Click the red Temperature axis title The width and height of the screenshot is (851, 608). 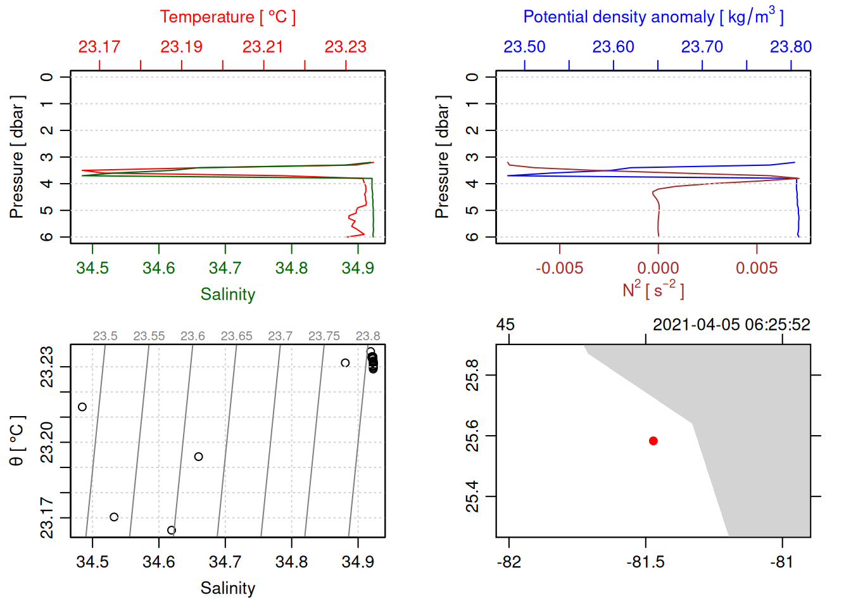point(227,17)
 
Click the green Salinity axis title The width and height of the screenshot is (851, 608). point(227,294)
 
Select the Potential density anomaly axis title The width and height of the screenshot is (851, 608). point(653,16)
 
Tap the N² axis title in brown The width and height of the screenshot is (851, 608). point(653,289)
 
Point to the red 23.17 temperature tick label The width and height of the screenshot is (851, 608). point(99,47)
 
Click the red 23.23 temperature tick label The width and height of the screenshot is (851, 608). point(345,47)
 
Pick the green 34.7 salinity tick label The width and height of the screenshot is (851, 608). point(225,268)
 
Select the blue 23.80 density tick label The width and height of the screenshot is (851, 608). point(790,47)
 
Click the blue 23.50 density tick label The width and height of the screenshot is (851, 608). point(524,47)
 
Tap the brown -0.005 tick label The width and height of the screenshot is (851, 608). point(559,268)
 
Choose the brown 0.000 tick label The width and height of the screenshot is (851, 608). point(658,268)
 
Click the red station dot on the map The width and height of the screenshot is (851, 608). point(653,441)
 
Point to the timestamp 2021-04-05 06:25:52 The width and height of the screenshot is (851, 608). point(731,325)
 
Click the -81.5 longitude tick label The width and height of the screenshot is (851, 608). point(645,562)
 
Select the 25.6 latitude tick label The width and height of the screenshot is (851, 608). point(472,436)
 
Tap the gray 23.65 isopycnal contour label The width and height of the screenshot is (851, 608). point(236,336)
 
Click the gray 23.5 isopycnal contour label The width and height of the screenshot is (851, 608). point(105,336)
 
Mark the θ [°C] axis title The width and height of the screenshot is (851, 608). point(17,441)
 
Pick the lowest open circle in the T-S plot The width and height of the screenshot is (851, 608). point(172,530)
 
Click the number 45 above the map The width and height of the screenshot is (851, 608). point(505,325)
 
